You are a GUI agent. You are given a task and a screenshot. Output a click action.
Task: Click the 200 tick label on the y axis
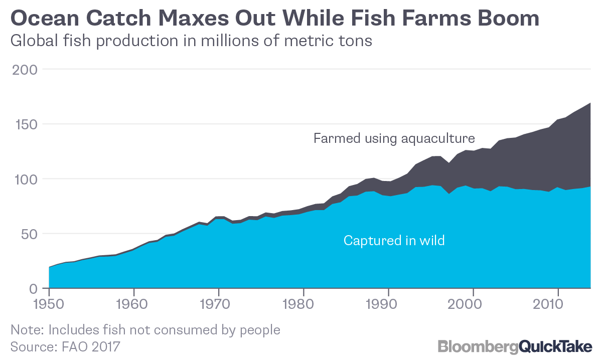coord(24,70)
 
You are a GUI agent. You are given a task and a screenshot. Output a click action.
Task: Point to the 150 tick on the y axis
coord(24,124)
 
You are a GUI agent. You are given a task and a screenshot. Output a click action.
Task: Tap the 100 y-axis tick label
coord(24,179)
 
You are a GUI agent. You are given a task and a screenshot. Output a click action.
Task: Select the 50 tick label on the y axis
coord(28,234)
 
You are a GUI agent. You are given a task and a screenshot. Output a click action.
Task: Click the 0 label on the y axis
coord(33,289)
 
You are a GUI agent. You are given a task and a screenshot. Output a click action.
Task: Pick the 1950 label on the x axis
coord(49,304)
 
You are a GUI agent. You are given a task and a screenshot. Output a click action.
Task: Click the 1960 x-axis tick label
coord(133,304)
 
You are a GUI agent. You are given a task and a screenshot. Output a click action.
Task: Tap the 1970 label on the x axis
coord(218,304)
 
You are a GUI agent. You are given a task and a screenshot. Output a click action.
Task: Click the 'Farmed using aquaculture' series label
coord(394,138)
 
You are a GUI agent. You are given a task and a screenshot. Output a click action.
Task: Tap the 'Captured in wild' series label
coord(394,241)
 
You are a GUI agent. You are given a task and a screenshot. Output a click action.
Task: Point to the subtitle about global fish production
coord(191,41)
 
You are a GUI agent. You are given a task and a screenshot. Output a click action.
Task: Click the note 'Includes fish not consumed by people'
coord(145,330)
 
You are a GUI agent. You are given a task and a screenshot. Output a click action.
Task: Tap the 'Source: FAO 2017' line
coord(66,346)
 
